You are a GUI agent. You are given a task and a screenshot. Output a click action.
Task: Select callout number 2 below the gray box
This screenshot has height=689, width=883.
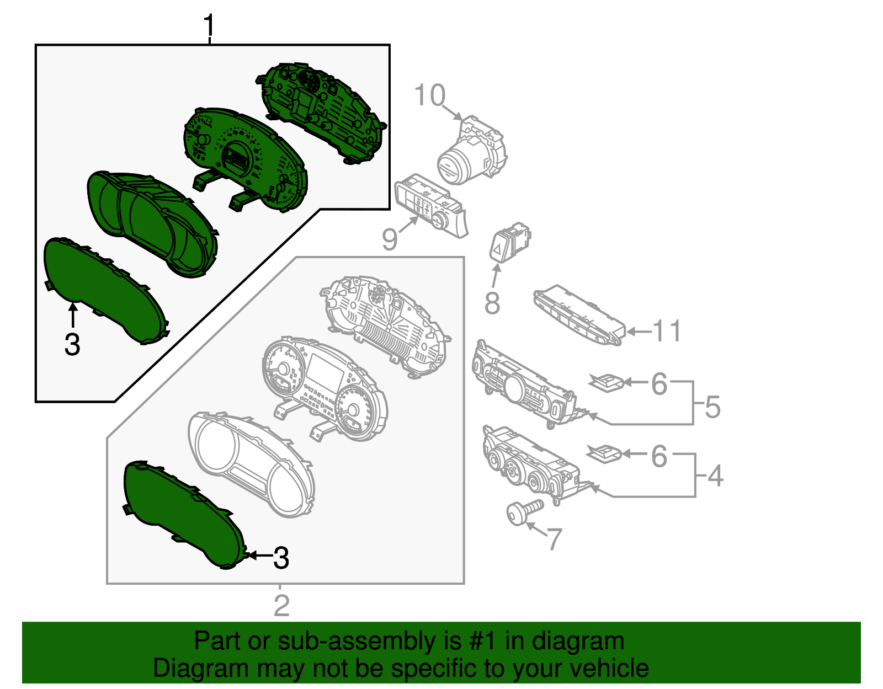[281, 605]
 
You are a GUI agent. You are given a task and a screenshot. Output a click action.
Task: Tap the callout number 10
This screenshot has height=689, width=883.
[429, 95]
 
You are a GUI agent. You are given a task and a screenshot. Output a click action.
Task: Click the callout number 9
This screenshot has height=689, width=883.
[390, 239]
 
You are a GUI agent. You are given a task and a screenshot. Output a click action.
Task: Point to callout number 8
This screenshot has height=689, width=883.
[492, 303]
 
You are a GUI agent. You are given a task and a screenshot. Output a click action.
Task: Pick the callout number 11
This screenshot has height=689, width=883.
[667, 332]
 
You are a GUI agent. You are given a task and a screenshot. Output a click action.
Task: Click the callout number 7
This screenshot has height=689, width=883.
[555, 539]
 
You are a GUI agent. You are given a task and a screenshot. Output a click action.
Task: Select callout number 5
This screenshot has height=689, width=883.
[712, 407]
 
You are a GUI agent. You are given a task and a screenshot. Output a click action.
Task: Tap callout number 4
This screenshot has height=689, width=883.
[715, 476]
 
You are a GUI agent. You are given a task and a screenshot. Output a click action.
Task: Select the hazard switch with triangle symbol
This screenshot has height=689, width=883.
[508, 243]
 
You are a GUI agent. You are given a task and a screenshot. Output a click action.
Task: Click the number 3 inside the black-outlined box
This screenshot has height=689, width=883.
[72, 345]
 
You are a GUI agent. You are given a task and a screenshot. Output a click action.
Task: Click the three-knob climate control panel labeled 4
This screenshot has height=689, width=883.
[530, 463]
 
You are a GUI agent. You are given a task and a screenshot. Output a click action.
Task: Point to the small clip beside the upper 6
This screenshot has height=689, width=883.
[607, 382]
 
